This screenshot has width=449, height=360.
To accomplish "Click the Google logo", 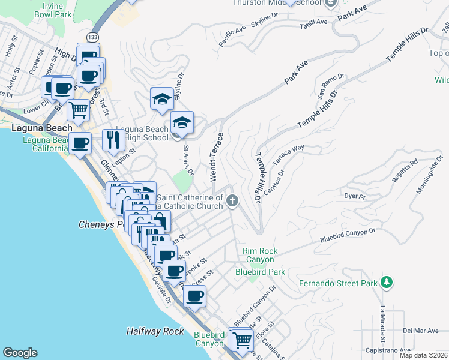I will (x=20, y=353).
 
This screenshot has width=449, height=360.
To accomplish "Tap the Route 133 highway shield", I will (x=92, y=37).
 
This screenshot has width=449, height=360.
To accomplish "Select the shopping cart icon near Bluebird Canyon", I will (x=242, y=340).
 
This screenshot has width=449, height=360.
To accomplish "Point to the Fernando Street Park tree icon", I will (x=387, y=281).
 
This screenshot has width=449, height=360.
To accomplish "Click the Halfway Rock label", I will (x=155, y=331).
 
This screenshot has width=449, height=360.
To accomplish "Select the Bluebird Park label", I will (x=260, y=272).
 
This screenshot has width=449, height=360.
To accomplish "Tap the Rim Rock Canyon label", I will (x=258, y=255).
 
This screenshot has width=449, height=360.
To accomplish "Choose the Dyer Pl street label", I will (x=354, y=196).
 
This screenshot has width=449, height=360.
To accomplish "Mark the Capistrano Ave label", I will (x=388, y=350).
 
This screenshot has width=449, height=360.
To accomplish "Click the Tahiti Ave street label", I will (x=313, y=22).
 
